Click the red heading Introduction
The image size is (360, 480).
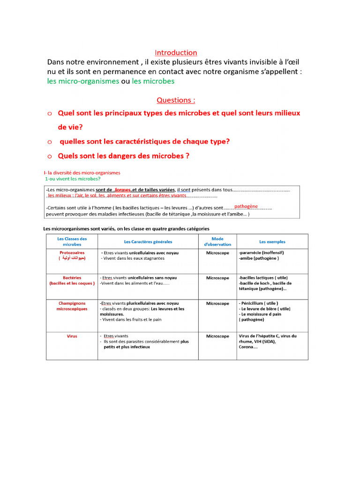(176, 52)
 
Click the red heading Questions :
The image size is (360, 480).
(176, 100)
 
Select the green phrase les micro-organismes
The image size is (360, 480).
(83, 81)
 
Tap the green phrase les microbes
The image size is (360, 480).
(153, 81)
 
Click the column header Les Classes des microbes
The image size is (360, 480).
(72, 241)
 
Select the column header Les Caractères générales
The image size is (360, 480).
(148, 242)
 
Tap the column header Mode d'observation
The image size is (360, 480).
(217, 241)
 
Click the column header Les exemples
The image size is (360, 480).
(272, 242)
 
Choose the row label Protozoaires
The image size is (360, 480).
(72, 252)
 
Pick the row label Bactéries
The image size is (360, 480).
(72, 277)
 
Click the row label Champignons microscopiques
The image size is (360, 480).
(72, 306)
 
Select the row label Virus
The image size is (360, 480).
(72, 336)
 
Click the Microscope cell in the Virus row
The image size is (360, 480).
(217, 336)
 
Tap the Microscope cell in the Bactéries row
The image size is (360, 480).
(217, 278)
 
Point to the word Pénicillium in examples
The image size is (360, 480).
(256, 303)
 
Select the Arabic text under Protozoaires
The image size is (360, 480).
(72, 258)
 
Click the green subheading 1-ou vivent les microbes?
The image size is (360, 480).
(73, 179)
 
